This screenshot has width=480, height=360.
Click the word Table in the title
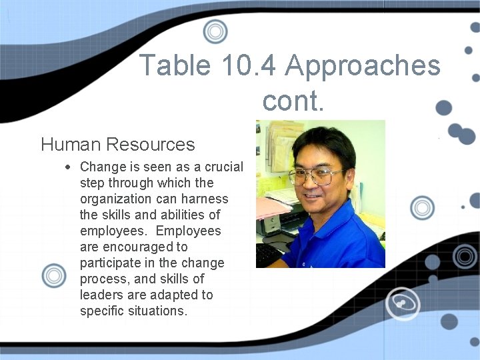pos(175,66)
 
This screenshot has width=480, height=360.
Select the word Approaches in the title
pos(363,66)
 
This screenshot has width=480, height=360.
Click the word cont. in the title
pos(293,101)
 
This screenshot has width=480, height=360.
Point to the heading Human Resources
pos(118,144)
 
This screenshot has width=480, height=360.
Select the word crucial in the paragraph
pos(223,167)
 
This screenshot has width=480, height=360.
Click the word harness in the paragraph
pos(205,199)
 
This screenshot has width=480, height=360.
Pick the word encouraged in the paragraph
pos(145,247)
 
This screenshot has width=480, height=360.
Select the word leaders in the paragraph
pos(101,295)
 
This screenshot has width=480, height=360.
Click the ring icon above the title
pos(215,31)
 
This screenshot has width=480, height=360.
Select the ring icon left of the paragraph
pos(54,275)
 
